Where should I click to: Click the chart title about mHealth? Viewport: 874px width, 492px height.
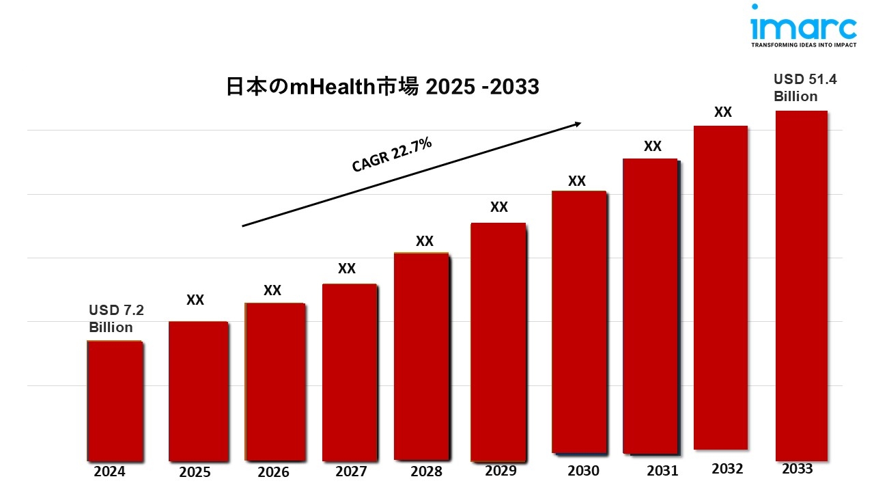coord(382,87)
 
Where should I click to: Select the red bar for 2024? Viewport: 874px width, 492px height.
coord(115,400)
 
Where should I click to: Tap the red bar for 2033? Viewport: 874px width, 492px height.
coord(801,286)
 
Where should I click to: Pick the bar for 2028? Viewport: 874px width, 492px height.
coord(421,357)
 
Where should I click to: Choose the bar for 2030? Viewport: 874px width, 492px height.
coord(578,322)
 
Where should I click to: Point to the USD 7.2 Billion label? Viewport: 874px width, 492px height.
coord(116,318)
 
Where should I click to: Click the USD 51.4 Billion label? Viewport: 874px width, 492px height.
coord(804,88)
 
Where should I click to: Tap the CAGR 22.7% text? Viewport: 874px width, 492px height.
coord(392,154)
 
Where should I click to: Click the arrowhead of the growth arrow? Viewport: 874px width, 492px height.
coord(577,124)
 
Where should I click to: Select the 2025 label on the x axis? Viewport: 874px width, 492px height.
coord(195,472)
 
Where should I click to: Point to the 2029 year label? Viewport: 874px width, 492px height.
coord(501,471)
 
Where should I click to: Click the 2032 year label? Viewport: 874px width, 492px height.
coord(727,469)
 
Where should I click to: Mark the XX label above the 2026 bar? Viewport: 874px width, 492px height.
coord(272,290)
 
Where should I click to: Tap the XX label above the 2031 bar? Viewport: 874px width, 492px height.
coord(653,146)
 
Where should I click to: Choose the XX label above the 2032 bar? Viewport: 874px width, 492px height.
coord(723,112)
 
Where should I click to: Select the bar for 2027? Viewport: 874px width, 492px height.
coord(349,372)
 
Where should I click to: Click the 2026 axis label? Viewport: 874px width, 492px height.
coord(273,472)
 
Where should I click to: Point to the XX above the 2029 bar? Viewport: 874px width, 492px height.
coord(499,207)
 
